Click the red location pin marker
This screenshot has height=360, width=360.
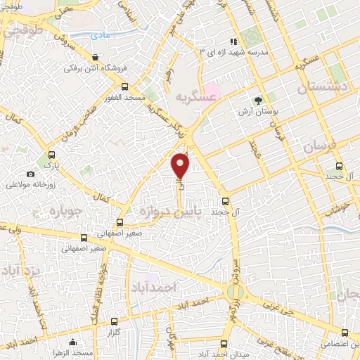click(x=181, y=165)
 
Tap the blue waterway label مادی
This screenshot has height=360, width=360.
click(x=105, y=35)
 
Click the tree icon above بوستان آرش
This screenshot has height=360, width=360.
click(x=258, y=101)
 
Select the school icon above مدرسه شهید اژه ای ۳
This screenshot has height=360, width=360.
click(x=234, y=41)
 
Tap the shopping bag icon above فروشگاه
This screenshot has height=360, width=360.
click(x=96, y=57)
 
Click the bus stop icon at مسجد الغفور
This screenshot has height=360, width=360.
click(x=124, y=87)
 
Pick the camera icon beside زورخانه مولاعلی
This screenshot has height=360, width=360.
click(x=30, y=174)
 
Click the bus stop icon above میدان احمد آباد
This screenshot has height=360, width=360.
click(x=224, y=344)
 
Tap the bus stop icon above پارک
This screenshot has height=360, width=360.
click(x=51, y=155)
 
